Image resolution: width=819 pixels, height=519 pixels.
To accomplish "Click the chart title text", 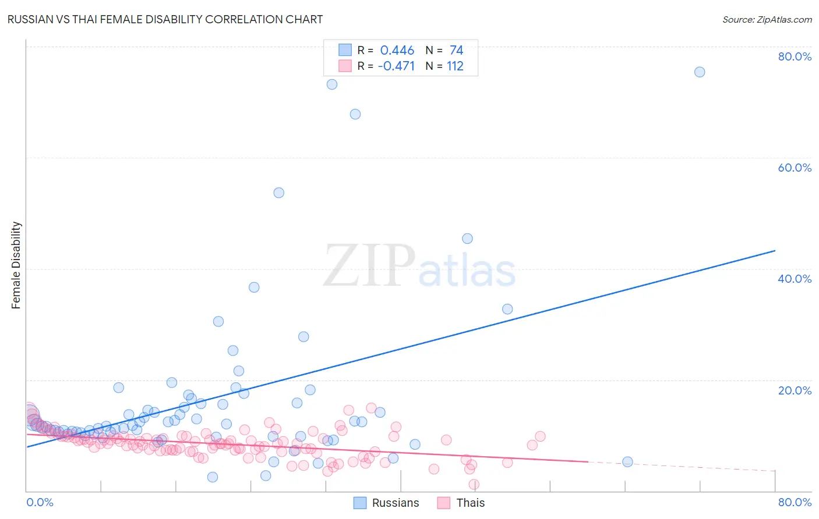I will (165, 19).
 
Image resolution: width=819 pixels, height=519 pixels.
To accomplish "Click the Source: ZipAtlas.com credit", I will (767, 19).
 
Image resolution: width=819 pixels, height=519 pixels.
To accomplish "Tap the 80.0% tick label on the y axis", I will (795, 56).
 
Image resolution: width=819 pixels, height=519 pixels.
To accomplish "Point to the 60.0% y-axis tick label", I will (795, 168).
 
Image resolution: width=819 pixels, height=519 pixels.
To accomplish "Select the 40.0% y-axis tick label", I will (795, 279).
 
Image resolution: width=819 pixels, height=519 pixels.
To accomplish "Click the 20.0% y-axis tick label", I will (795, 390).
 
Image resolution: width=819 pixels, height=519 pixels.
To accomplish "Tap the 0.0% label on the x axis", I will (40, 502).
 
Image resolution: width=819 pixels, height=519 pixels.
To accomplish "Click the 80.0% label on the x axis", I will (795, 502).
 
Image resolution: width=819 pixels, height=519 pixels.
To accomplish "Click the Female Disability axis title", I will (16, 265).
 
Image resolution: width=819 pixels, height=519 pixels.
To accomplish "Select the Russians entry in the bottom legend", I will (387, 503).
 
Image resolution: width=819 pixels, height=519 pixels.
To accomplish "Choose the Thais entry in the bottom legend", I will (461, 503).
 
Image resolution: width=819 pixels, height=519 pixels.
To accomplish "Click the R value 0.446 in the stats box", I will (397, 51).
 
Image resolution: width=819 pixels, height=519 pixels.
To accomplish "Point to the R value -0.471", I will (396, 66).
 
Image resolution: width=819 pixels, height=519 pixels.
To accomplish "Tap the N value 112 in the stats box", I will (455, 66).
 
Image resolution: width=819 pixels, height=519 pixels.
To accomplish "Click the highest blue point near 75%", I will (700, 72).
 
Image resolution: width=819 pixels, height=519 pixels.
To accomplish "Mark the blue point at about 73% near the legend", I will (332, 84).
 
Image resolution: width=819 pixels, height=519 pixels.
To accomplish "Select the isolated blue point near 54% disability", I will (279, 193).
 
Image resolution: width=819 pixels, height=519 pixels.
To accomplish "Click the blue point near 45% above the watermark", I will (467, 239).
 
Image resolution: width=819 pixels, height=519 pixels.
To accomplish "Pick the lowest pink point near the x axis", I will (474, 485).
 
